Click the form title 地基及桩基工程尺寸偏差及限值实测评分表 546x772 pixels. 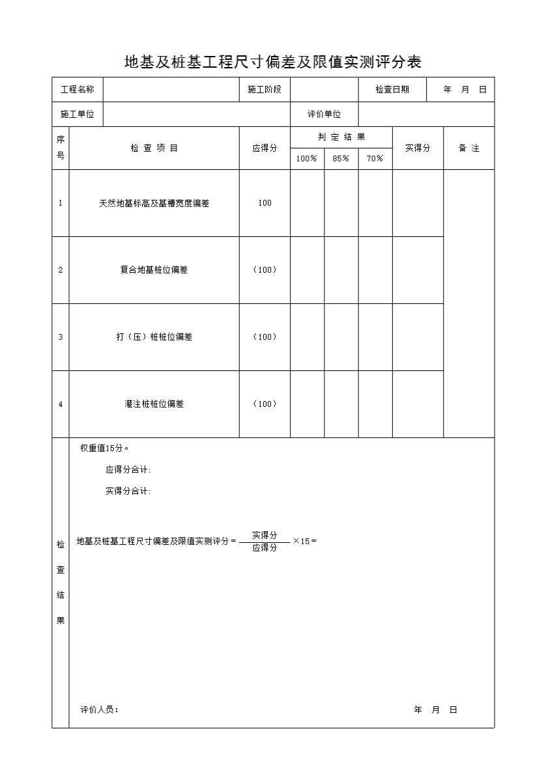point(273,62)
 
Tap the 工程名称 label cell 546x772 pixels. point(78,90)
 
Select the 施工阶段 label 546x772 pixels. point(265,90)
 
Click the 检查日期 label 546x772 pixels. point(392,90)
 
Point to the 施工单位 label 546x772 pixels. point(78,115)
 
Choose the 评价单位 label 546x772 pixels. point(324,115)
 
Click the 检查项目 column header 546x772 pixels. point(154,148)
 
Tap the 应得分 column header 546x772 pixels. point(265,148)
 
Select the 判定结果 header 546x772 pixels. point(341,137)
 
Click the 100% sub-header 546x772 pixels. point(307,159)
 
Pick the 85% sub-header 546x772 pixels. point(341,159)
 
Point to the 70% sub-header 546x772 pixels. point(375,159)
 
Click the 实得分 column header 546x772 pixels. point(418,148)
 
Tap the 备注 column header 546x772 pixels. point(468,148)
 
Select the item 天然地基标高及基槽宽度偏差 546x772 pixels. point(154,203)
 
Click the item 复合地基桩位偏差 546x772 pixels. point(154,270)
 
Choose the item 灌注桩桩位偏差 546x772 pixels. point(154,404)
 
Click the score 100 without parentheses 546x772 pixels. point(265,203)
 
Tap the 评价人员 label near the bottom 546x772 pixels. point(99,710)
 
